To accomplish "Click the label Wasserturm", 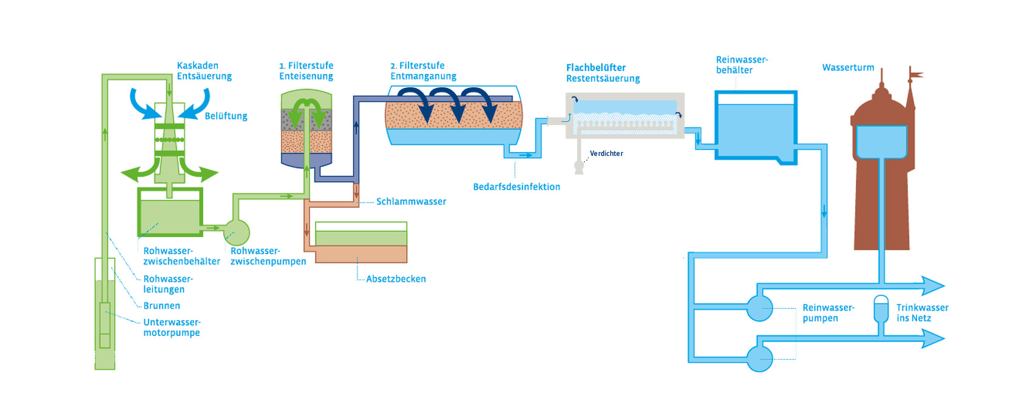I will (x=848, y=68).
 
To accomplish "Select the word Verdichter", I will (x=606, y=154).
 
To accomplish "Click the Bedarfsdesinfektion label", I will (x=516, y=187).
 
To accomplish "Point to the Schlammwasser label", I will (x=411, y=201).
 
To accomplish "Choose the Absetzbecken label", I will (x=396, y=279).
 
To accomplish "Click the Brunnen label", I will (x=161, y=306).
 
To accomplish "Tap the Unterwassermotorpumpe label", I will (x=172, y=327).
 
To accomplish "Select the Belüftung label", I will (x=226, y=116).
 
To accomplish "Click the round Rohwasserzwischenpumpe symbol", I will (x=236, y=232).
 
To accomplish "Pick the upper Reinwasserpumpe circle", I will (x=759, y=307).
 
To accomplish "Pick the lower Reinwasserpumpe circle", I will (x=759, y=358).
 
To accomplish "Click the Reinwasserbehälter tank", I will (x=756, y=126).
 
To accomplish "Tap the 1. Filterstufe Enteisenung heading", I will (x=306, y=71).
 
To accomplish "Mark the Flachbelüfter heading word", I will (x=595, y=68).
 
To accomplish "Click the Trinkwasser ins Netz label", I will (x=922, y=313).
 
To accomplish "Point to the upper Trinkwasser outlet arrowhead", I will (x=933, y=285).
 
